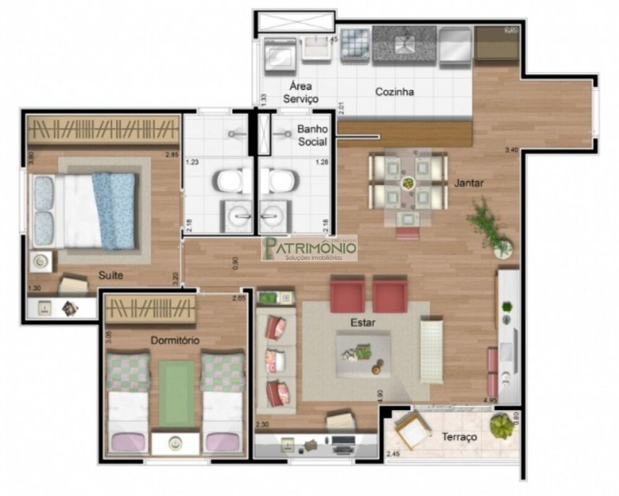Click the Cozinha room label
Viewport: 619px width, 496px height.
(394, 92)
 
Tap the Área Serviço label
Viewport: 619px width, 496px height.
(300, 92)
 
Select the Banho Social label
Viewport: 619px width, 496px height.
(312, 135)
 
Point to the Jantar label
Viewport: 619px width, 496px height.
(469, 183)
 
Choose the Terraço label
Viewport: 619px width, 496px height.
(459, 437)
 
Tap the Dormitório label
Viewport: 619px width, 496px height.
(175, 340)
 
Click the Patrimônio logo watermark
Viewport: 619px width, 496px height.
(309, 248)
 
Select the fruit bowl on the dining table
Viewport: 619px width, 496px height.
(408, 183)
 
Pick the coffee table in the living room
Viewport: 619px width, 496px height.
(363, 354)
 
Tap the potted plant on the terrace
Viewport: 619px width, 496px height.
(501, 426)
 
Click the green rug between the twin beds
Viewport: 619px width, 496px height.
(176, 393)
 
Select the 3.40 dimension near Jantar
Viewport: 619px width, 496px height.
(511, 150)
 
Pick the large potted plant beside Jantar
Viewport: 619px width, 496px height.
(492, 229)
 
